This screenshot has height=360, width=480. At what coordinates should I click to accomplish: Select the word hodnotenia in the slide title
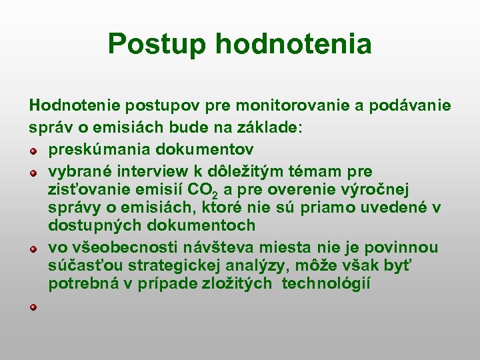pyautogui.click(x=293, y=44)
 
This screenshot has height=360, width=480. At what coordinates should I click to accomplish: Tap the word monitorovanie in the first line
pyautogui.click(x=292, y=106)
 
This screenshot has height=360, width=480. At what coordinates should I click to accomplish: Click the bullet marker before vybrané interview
pyautogui.click(x=33, y=173)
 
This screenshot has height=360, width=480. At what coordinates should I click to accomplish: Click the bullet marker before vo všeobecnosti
pyautogui.click(x=33, y=249)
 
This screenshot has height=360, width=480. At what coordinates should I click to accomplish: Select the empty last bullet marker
pyautogui.click(x=33, y=307)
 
